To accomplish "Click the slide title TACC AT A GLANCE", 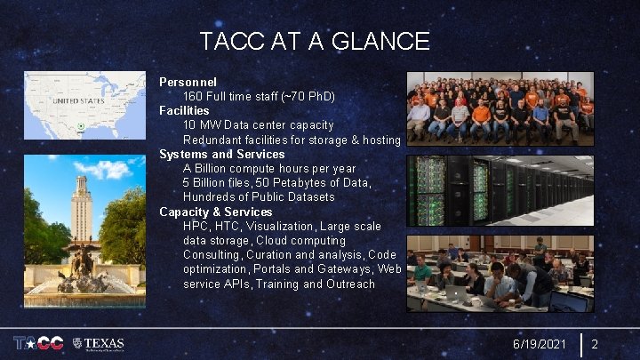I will point(315,41).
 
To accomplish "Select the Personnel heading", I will point(188,82).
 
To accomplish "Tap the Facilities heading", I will point(184,110).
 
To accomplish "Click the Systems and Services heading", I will point(221,154).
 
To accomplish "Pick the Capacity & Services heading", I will point(215,212).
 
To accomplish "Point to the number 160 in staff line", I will point(193,96).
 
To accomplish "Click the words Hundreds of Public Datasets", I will point(259,197).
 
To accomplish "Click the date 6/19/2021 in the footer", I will point(539,344).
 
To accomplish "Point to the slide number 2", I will point(595,344).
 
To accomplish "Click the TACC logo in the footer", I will point(38,343).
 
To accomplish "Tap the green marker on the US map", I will point(81,127).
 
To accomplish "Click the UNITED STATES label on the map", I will point(79,101).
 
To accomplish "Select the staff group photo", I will point(500,108).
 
